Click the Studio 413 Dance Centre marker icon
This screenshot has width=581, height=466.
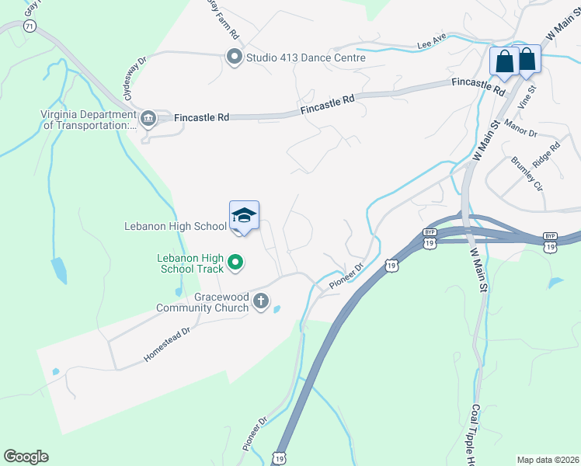234,57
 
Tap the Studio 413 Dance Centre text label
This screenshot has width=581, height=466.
305,57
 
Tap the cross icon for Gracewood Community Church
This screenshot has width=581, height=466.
262,301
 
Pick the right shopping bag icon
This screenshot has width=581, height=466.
527,59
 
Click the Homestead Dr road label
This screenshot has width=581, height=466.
167,345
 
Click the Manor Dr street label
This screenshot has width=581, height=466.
520,127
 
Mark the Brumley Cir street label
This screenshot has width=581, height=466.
526,173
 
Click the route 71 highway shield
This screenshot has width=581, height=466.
30,26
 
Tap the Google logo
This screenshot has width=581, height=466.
26,457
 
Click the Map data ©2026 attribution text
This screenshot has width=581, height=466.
548,460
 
